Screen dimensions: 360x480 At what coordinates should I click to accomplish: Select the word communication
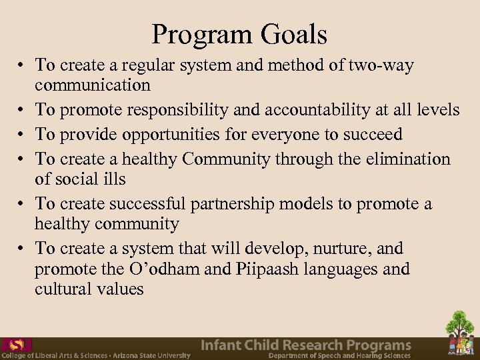point(93,85)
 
